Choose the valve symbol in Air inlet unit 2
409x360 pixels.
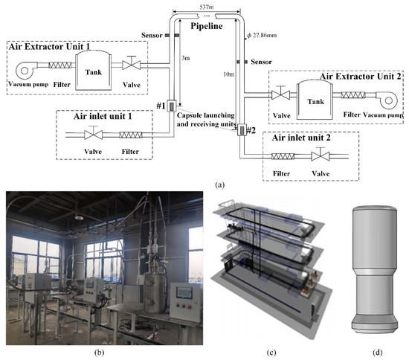click(321, 157)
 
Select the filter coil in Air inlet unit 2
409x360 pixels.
click(282, 157)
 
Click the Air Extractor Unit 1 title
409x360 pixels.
click(48, 46)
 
